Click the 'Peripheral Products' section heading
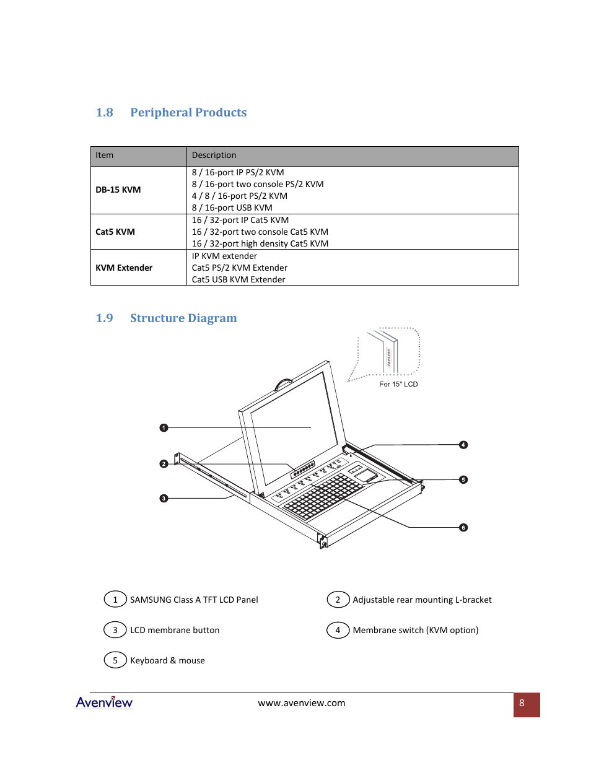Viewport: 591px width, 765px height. [188, 113]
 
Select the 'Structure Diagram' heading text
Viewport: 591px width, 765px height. [183, 318]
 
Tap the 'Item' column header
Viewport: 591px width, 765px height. [105, 155]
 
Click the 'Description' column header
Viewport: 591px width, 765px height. [214, 155]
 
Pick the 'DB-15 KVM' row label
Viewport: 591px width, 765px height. [118, 190]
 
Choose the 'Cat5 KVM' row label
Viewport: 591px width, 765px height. [115, 232]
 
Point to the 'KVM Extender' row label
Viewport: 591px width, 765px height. [124, 268]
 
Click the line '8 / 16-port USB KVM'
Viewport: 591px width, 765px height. [232, 208]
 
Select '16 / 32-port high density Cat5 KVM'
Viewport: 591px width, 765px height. [260, 244]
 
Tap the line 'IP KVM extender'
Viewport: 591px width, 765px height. [224, 256]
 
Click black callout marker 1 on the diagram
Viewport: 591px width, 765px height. [164, 428]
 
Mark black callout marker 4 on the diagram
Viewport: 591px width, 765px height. [463, 445]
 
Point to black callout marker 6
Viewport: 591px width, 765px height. [463, 528]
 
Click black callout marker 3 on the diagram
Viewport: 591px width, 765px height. [164, 498]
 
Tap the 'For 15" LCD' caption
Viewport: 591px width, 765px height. [398, 385]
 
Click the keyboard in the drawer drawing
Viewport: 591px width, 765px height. [325, 496]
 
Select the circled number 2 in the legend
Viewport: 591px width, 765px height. [338, 600]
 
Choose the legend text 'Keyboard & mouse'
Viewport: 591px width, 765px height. [167, 661]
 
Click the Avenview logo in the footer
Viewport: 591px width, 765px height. [104, 702]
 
